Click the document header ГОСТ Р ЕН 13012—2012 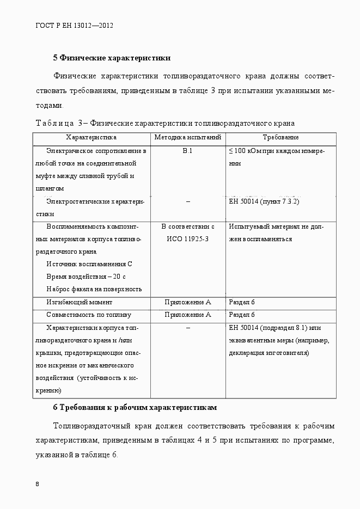74,26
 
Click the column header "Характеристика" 91,138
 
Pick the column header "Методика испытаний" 187,138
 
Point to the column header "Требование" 280,138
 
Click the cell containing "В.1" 187,151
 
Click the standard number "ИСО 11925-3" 187,239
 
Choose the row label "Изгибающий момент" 80,302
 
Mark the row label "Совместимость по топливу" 89,315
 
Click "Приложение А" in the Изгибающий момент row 187,302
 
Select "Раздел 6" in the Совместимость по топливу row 242,315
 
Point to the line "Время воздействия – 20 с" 86,277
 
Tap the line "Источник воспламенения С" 89,264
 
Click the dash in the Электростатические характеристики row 187,201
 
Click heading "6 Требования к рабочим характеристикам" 135,407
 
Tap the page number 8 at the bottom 37,484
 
